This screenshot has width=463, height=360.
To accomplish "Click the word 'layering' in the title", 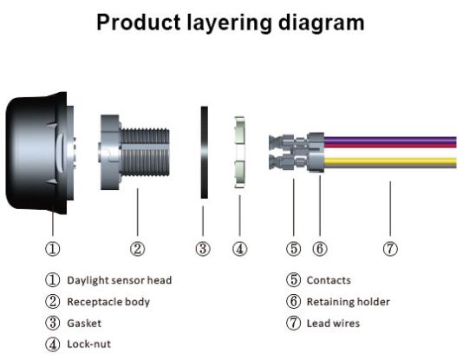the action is (x=229, y=23).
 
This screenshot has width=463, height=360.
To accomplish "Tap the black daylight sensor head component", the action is (x=40, y=153).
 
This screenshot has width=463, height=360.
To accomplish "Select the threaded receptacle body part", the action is (x=134, y=152).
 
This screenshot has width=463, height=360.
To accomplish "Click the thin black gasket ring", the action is (x=205, y=153).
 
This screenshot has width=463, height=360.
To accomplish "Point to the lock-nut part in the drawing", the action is (x=240, y=152).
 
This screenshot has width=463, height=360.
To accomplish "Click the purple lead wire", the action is (x=390, y=140).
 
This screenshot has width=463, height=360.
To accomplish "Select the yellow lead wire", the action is (x=390, y=161).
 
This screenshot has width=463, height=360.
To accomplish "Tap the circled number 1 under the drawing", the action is (x=53, y=249).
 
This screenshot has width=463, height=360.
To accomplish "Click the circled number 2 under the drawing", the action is (x=138, y=249).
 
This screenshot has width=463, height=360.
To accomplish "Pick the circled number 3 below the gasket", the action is (x=203, y=249).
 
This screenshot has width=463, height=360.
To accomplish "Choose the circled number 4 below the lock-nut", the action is (x=240, y=249).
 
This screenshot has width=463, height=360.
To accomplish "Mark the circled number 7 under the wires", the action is (x=390, y=249).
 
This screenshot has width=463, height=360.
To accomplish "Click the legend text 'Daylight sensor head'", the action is (x=120, y=280).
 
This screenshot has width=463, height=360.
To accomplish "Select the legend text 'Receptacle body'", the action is (x=108, y=302).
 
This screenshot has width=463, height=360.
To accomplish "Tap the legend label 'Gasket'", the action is (x=84, y=323).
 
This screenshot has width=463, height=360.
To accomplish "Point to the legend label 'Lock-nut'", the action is (x=89, y=344).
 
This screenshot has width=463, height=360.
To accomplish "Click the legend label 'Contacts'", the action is (x=329, y=280).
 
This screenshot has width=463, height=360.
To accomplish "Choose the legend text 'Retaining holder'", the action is (x=349, y=302).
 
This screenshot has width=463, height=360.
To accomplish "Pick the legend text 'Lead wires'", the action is (x=333, y=323).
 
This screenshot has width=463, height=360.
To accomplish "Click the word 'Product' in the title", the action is (x=139, y=23).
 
